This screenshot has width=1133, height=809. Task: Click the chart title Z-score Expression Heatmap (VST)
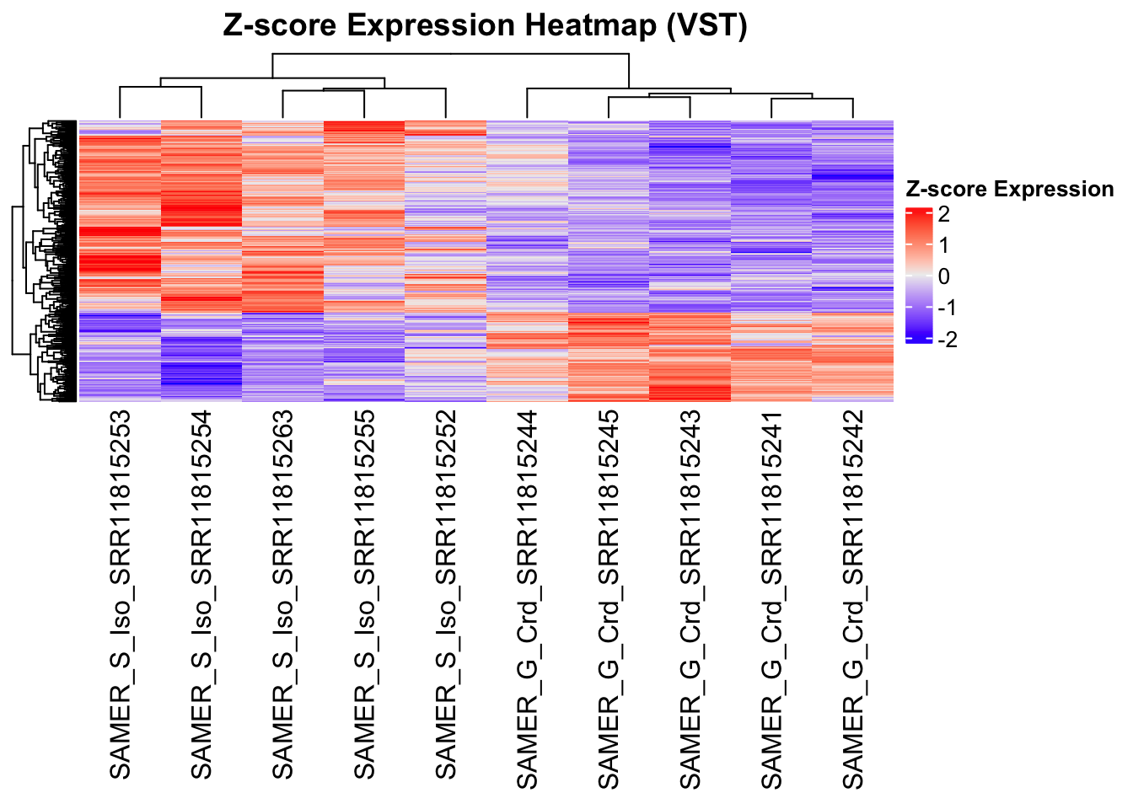[485, 25]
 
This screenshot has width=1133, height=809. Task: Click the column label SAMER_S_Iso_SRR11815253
[121, 595]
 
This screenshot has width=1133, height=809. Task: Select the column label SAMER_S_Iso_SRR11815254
[202, 595]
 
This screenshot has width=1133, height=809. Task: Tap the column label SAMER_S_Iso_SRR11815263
[283, 595]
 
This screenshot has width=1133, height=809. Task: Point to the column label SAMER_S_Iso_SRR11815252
[446, 595]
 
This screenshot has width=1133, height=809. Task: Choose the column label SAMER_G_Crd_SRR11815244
[528, 599]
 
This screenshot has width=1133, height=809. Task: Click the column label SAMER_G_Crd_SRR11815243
[690, 599]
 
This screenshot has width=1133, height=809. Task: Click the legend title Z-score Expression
[1009, 190]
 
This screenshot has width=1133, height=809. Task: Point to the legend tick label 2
[943, 214]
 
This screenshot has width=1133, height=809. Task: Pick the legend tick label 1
[943, 245]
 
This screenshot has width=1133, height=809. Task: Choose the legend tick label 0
[943, 276]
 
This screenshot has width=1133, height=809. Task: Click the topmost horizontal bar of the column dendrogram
[450, 54]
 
